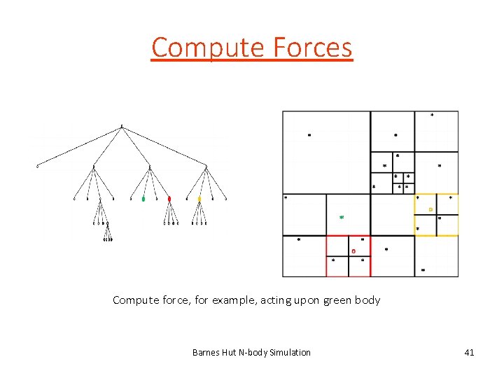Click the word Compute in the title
point(204,48)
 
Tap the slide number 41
point(468,352)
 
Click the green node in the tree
point(143,199)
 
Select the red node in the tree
point(169,199)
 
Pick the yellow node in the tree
point(199,199)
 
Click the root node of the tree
point(122,127)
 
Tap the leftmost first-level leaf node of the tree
point(38,167)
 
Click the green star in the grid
point(342,217)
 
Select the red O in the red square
point(353,251)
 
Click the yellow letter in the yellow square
point(430,209)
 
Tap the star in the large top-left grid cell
point(310,135)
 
